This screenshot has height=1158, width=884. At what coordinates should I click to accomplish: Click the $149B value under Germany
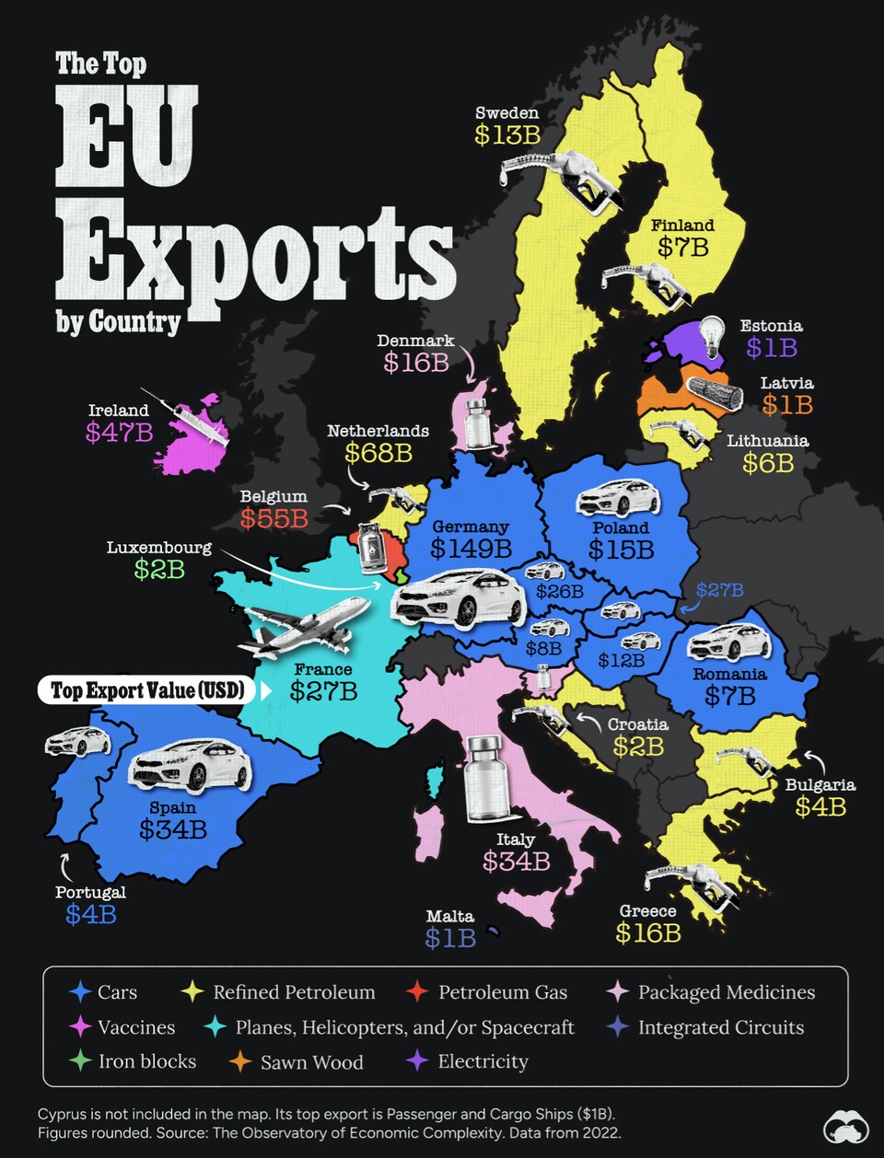pos(471,550)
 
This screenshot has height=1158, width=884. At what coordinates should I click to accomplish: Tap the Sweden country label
pos(506,113)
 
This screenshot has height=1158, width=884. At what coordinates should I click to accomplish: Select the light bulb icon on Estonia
pos(712,337)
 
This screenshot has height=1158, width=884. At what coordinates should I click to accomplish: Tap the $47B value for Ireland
pos(120,432)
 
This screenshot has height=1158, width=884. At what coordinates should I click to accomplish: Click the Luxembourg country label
pos(158,548)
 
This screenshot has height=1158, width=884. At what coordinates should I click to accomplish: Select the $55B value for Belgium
pos(273,518)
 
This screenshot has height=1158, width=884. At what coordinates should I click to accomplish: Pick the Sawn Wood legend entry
pos(311,1062)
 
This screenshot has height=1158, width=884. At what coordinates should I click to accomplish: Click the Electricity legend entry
pos(483,1061)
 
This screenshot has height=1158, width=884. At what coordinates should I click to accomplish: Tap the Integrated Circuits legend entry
pos(720,1027)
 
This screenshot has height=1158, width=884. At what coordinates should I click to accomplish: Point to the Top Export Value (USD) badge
pos(147,690)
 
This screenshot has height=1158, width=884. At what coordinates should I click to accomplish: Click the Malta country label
pos(449,916)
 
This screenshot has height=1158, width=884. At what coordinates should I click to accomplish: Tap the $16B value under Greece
pos(648,933)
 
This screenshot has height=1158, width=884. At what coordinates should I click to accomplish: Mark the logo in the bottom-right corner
pos(847,1127)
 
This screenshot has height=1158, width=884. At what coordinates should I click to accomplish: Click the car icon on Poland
pos(618,498)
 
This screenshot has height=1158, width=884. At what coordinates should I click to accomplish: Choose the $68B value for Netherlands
pos(378,453)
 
